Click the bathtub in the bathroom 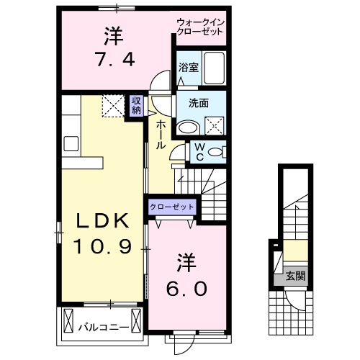(x=213, y=69)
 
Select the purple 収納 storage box (x=137, y=105)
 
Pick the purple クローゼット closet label (x=172, y=207)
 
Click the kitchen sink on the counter (x=71, y=143)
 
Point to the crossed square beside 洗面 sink (x=214, y=127)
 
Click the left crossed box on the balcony (x=68, y=318)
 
